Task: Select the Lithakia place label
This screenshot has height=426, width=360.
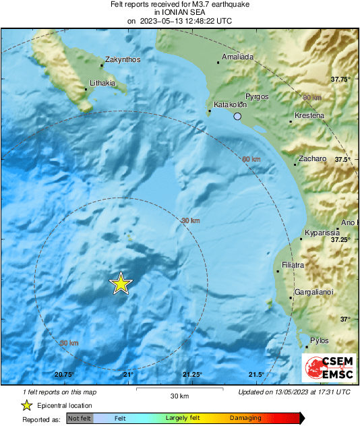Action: click(103, 84)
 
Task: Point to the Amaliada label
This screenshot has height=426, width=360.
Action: click(237, 57)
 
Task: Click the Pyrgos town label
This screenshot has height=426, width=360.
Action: click(258, 96)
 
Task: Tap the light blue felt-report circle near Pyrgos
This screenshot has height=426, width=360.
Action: click(237, 117)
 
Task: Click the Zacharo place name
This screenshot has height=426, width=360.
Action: click(313, 159)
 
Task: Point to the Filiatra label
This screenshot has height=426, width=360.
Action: click(293, 265)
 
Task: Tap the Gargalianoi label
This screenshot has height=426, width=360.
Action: click(316, 293)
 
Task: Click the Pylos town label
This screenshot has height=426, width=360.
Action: click(320, 341)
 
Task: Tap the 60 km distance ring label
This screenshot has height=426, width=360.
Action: click(251, 159)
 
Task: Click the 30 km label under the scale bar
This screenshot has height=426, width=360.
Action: click(179, 396)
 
